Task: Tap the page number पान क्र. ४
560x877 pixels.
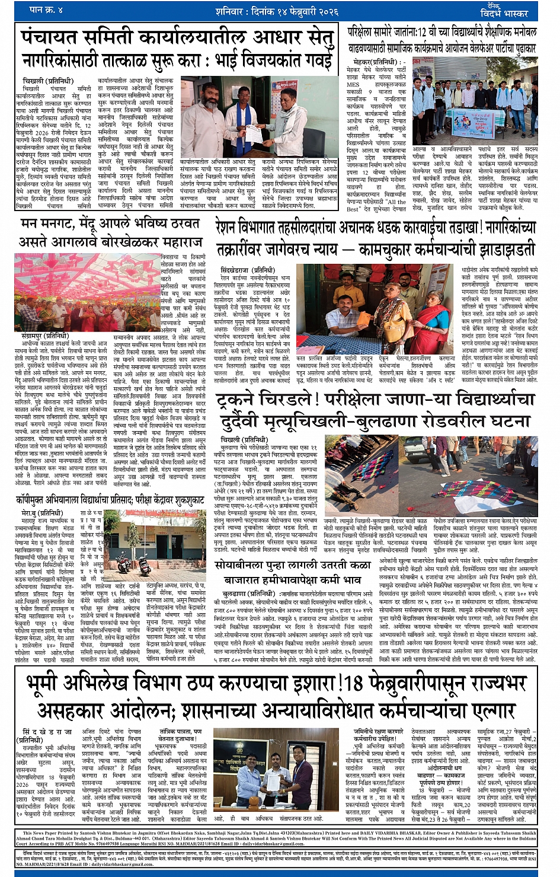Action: coord(46,9)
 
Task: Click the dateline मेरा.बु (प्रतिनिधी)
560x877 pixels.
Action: coord(41,513)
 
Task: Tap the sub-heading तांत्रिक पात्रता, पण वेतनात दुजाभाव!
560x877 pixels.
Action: coord(181,735)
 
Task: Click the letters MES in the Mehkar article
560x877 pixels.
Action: coord(353,85)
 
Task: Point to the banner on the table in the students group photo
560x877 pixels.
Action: coord(478,126)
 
